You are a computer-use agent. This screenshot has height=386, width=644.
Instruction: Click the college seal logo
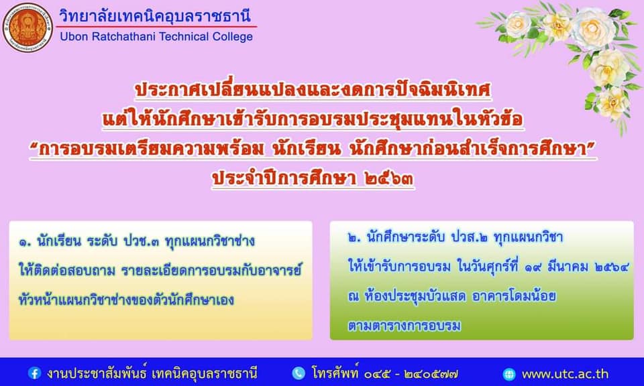tap(28, 27)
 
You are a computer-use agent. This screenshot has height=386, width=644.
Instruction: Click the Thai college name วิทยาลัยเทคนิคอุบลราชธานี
tap(155, 15)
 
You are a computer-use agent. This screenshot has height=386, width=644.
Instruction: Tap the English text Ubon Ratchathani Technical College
tap(156, 36)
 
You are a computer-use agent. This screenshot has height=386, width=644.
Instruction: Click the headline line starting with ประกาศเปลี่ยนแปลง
tap(313, 90)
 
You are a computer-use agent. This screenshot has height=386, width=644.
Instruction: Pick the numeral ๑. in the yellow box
tap(25, 242)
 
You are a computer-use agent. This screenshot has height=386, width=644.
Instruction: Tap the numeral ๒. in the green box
tap(354, 238)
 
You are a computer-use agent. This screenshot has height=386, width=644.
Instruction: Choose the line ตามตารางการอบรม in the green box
tap(404, 326)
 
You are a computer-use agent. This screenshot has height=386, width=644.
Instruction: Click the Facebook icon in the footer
tap(34, 373)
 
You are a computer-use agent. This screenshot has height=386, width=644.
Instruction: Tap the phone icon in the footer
tap(299, 373)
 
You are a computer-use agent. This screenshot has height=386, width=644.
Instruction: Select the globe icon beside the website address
tap(509, 374)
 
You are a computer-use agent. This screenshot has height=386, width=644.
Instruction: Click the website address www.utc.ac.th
tap(565, 374)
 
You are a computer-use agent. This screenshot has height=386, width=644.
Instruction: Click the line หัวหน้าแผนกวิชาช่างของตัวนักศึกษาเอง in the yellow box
tap(126, 300)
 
